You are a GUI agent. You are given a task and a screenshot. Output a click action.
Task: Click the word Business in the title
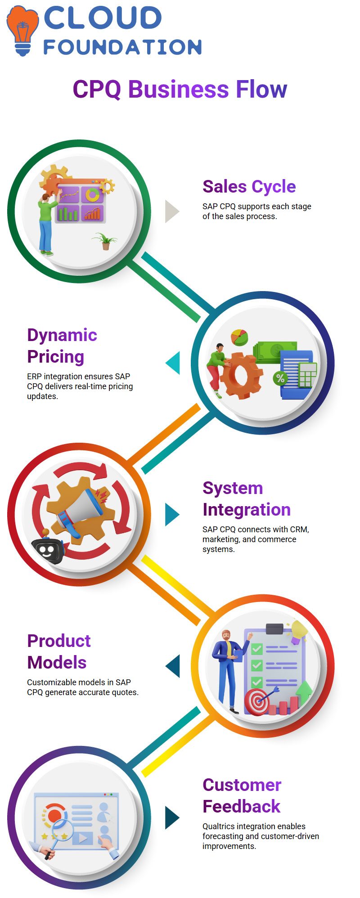tap(179, 89)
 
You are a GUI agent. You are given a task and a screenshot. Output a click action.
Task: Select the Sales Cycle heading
tap(249, 186)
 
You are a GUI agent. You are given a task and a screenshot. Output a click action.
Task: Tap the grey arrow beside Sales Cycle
tap(171, 211)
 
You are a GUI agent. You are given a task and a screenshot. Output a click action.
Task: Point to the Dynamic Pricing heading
tap(62, 346)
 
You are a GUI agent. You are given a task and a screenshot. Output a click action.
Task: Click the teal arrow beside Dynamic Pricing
tap(173, 363)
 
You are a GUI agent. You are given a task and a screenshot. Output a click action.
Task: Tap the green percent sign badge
tap(280, 378)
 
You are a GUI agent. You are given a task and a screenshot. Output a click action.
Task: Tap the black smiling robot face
tap(47, 551)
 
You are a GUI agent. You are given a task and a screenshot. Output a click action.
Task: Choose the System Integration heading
tap(246, 498)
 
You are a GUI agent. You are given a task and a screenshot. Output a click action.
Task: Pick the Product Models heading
tap(58, 651)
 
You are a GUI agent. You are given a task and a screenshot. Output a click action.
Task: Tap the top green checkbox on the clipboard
tap(257, 649)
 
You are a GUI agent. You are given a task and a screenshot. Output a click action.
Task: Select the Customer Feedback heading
tap(242, 795)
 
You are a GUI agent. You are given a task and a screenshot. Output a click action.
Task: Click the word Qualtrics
tap(219, 826)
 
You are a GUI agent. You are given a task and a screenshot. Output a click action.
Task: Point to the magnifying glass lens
tap(62, 829)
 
